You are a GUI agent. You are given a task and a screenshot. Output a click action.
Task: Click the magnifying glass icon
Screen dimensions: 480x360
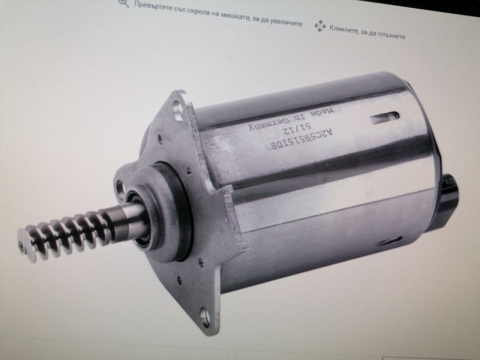(123, 3)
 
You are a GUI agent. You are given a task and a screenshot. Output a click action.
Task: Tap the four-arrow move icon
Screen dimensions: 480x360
(320, 26)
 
